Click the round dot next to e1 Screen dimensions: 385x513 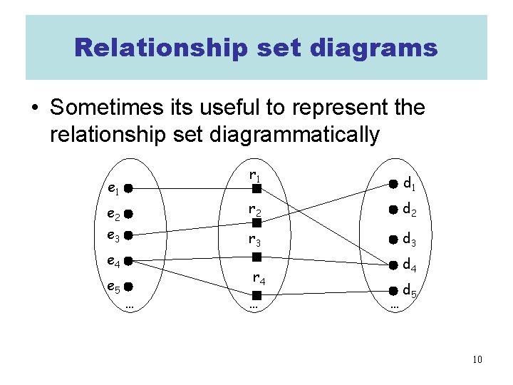coord(126,189)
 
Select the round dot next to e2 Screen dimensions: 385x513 coord(126,212)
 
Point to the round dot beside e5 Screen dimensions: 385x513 coord(126,287)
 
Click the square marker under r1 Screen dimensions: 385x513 coord(255,189)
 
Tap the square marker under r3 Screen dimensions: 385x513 coord(255,255)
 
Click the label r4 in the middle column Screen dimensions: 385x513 coord(257,279)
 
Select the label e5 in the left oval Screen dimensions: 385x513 coord(113,288)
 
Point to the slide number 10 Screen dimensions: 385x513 coord(477,359)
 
